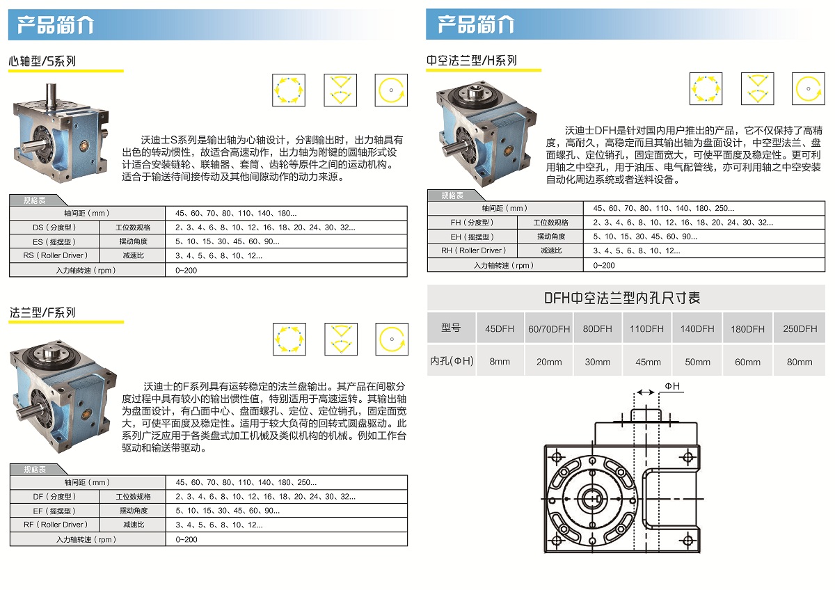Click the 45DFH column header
[500, 328]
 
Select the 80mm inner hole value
[800, 362]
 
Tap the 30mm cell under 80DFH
[598, 362]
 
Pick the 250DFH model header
[800, 328]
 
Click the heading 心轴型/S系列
[42, 61]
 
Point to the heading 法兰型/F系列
[42, 312]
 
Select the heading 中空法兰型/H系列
[472, 60]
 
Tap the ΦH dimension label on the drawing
[672, 386]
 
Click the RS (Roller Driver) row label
[55, 255]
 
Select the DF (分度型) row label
[54, 497]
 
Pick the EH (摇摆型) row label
[472, 237]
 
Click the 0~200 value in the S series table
[186, 270]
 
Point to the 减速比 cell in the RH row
[551, 250]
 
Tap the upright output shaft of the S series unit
[51, 97]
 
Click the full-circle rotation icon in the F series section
[392, 339]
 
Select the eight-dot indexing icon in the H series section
[706, 88]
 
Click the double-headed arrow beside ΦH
[646, 392]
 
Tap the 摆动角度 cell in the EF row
[134, 510]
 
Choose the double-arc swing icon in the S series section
[340, 90]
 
